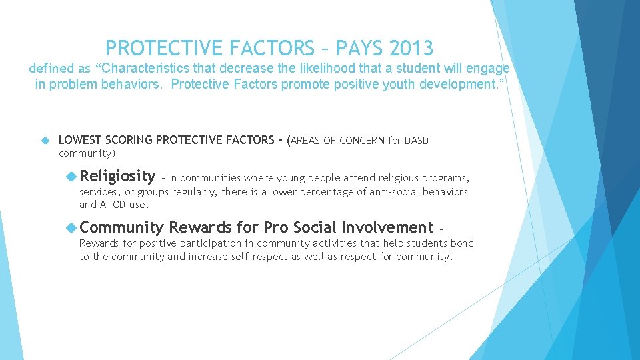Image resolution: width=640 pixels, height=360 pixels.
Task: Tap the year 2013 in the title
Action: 413,48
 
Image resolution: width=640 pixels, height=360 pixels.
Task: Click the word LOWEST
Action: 79,140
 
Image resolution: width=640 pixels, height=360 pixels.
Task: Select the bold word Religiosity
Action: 117,176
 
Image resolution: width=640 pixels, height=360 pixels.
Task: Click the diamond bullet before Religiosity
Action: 71,176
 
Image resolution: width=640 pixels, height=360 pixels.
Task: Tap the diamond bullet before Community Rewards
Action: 71,227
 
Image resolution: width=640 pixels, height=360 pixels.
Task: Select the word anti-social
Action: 373,192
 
